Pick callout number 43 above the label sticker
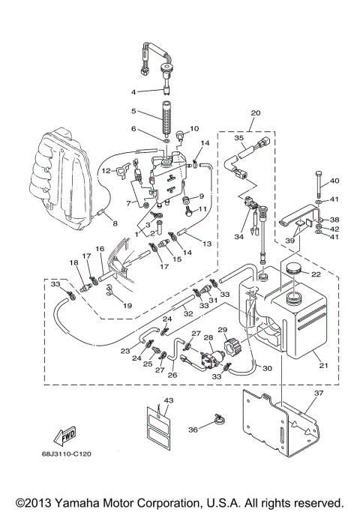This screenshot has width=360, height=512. coord(169,400)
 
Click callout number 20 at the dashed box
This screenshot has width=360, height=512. coord(256,112)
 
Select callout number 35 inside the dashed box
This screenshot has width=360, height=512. coord(239,138)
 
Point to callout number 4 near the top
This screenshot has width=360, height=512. coord(135,91)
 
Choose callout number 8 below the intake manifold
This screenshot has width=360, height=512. coord(114,223)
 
